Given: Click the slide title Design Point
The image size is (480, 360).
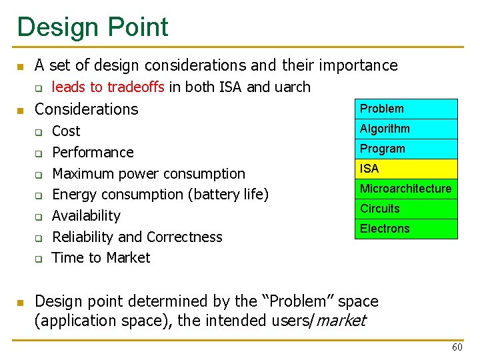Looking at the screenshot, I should (93, 27).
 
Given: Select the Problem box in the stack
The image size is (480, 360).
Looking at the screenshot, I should (406, 109).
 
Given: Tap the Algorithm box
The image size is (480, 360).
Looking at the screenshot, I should (406, 129).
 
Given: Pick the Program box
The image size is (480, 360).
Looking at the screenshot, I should (406, 149).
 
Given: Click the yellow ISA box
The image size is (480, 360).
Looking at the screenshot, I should (406, 169).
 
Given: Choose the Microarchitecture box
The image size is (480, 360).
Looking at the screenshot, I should (406, 189).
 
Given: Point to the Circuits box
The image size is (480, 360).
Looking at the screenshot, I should (406, 209).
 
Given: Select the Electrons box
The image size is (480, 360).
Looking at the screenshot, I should (406, 229).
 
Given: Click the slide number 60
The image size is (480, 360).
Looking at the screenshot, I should (457, 347).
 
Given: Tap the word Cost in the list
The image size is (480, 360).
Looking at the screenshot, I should (66, 131).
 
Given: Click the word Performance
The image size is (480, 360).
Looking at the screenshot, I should (93, 153).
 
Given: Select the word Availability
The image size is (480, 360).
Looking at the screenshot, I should (86, 216).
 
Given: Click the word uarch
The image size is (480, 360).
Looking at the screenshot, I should (292, 87).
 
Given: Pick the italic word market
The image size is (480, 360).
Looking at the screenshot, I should (341, 321).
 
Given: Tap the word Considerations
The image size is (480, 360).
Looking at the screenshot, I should (86, 109).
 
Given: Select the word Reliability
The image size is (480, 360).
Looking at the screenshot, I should (84, 237).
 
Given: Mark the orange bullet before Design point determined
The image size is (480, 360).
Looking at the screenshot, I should (21, 303).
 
